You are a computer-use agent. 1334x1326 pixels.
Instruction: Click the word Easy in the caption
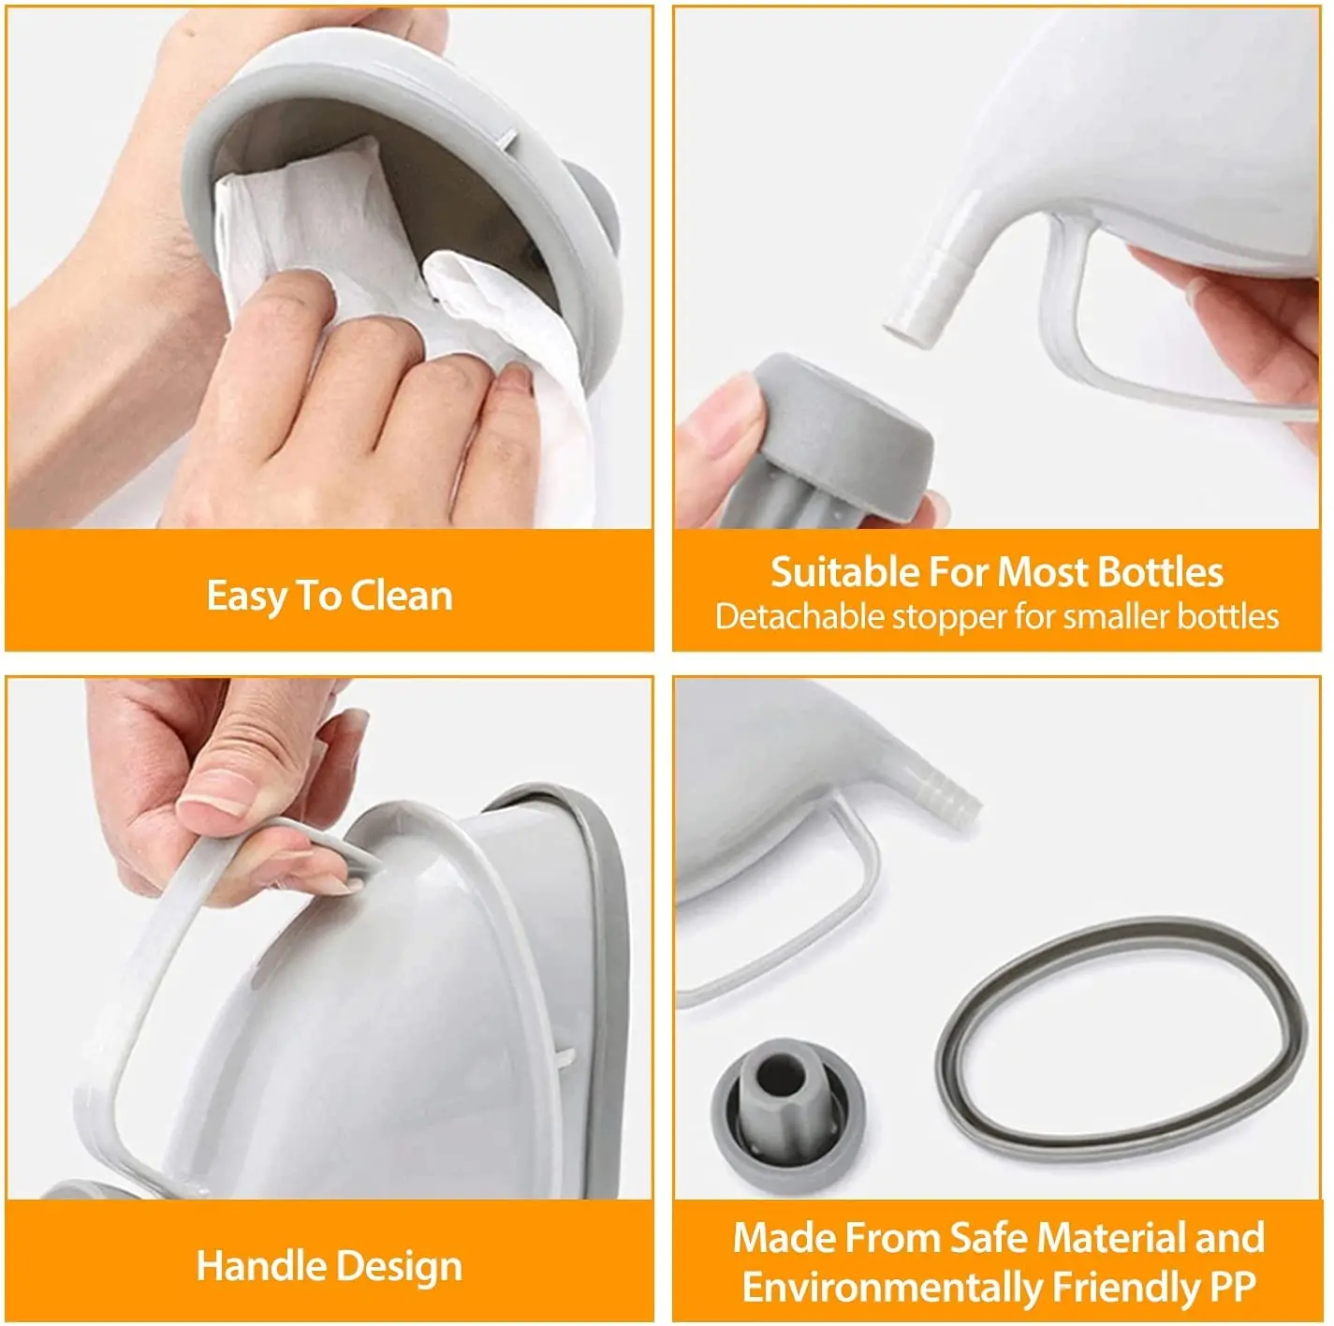[x=244, y=597]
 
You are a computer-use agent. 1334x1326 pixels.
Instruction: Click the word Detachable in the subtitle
[x=799, y=616]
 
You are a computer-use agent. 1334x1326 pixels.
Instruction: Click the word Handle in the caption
[x=259, y=1266]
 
